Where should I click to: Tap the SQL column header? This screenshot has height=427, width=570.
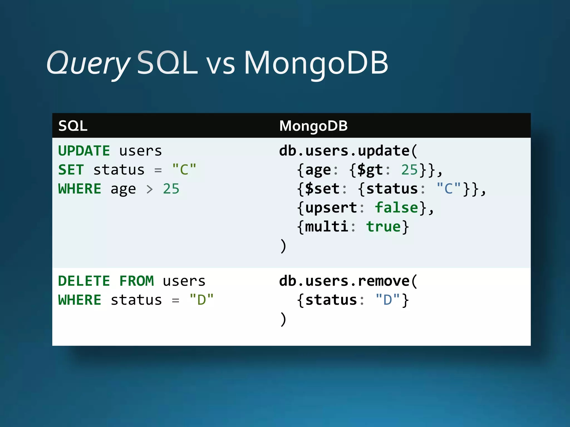pyautogui.click(x=73, y=126)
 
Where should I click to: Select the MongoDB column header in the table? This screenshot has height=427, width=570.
pyautogui.click(x=313, y=126)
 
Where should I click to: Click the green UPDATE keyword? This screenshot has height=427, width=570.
pyautogui.click(x=84, y=151)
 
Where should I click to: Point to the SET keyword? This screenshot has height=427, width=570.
pyautogui.click(x=71, y=170)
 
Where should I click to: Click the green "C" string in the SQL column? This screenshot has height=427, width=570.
pyautogui.click(x=184, y=170)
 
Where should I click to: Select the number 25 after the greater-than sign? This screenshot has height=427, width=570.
pyautogui.click(x=171, y=189)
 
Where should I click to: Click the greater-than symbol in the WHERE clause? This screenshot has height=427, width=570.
pyautogui.click(x=150, y=189)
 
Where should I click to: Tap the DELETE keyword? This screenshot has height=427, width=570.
pyautogui.click(x=84, y=281)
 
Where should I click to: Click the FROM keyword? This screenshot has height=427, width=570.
pyautogui.click(x=136, y=281)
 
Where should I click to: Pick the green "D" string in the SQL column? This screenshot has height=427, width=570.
pyautogui.click(x=202, y=300)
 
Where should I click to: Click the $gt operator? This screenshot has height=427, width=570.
pyautogui.click(x=370, y=170)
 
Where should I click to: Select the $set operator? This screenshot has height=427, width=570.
pyautogui.click(x=322, y=189)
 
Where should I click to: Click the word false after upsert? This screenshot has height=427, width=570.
pyautogui.click(x=396, y=208)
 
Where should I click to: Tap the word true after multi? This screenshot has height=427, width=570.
pyautogui.click(x=383, y=227)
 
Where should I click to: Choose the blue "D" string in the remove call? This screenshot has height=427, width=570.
pyautogui.click(x=387, y=300)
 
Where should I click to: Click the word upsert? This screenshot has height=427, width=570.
pyautogui.click(x=331, y=208)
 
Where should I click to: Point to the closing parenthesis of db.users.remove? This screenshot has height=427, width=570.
pyautogui.click(x=283, y=319)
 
